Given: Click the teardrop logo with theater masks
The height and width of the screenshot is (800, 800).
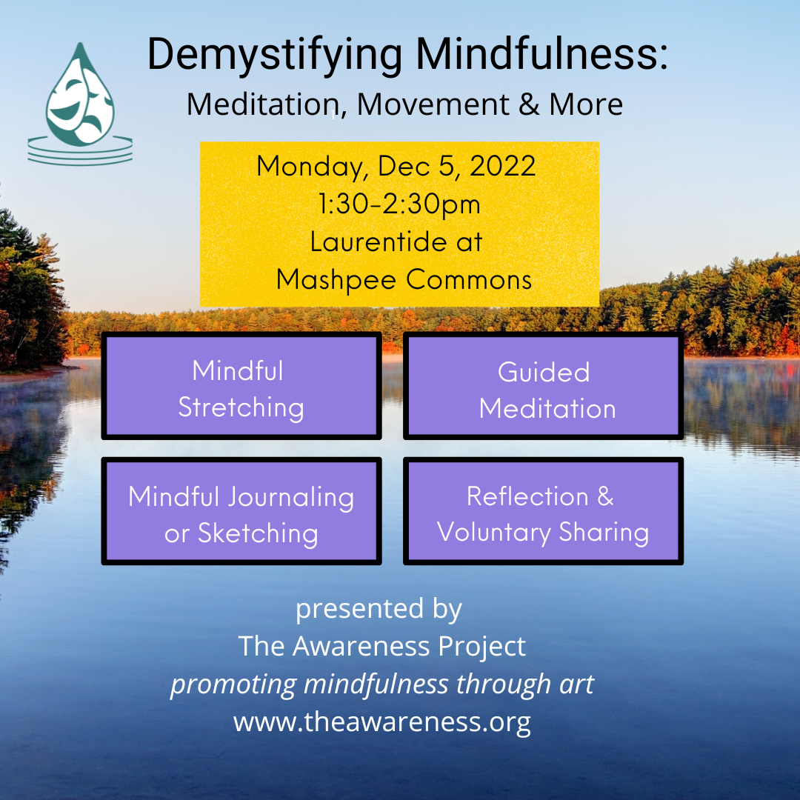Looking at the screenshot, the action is click(x=80, y=104).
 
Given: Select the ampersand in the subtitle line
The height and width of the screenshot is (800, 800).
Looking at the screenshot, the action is click(x=529, y=104).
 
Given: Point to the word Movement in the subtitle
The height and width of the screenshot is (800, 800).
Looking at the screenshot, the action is click(x=433, y=104).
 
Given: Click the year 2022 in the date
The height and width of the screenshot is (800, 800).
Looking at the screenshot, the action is click(x=502, y=166).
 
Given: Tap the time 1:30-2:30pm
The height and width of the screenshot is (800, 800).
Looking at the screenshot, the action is click(x=399, y=204).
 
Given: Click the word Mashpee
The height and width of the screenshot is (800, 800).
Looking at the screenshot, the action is click(x=336, y=280).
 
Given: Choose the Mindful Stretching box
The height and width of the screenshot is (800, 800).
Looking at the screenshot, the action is click(x=241, y=385).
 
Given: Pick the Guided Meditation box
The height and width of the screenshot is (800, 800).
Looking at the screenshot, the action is click(x=544, y=385).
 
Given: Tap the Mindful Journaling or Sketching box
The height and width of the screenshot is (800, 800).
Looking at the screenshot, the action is click(x=241, y=510).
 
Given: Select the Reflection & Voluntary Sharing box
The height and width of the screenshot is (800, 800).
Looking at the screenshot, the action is click(x=544, y=510).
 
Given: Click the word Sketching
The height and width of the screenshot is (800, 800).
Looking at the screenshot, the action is click(x=259, y=534).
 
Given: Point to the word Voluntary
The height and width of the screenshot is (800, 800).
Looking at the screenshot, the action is click(x=494, y=533).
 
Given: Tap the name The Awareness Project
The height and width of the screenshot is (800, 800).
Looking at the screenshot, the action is click(x=381, y=647).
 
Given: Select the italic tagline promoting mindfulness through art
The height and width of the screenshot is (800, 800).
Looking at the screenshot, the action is click(x=382, y=684).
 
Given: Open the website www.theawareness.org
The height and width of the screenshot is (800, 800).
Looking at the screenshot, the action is click(x=382, y=723).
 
